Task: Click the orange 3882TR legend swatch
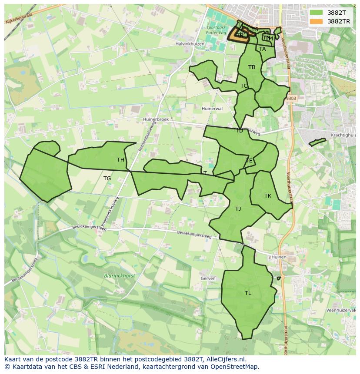point(317,21)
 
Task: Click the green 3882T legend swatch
point(317,13)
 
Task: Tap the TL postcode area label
point(248,293)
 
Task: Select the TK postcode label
point(268,196)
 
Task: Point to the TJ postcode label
point(238,209)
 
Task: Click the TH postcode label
point(120,160)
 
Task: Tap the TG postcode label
point(107,179)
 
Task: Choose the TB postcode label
point(252,67)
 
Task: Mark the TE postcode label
point(249,161)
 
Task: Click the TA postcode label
point(262,49)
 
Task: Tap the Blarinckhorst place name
point(120,276)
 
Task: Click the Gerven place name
point(208,278)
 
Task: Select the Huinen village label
point(279,257)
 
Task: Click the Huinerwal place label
point(212,109)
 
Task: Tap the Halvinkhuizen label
point(190,44)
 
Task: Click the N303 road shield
point(291,99)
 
